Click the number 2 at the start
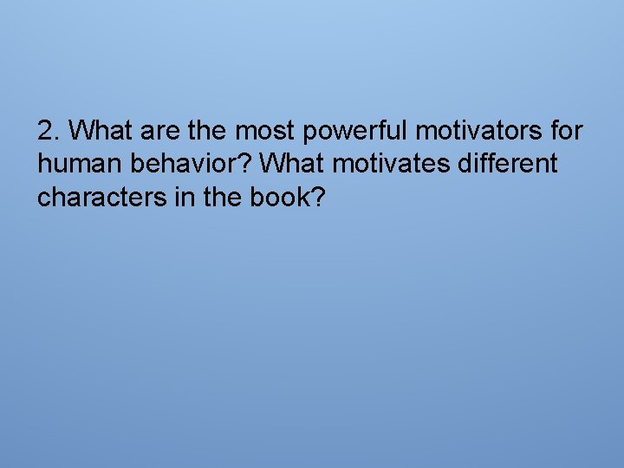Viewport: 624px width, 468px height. point(45,132)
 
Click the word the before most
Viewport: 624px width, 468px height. point(206,132)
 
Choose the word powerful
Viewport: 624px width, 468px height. point(355,133)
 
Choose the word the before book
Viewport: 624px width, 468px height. point(217,198)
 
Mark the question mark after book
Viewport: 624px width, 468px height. point(317,198)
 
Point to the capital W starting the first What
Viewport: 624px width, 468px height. point(81,132)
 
